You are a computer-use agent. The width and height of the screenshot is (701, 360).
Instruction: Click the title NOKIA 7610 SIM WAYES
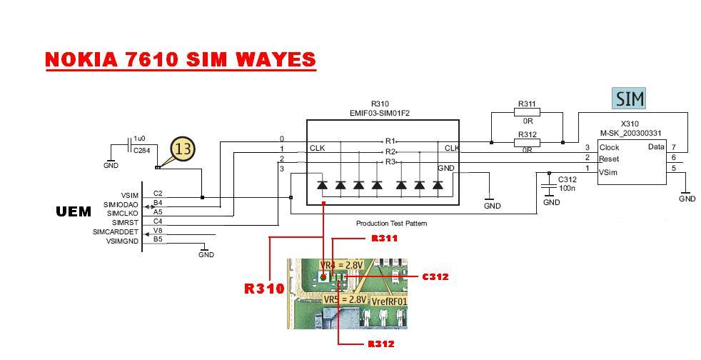click(180, 59)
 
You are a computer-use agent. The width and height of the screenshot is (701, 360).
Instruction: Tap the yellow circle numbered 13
click(183, 149)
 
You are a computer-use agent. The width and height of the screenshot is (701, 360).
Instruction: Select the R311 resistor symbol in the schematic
click(527, 112)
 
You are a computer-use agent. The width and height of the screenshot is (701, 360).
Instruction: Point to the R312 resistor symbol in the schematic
click(527, 142)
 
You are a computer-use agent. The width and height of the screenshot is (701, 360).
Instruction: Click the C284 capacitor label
click(141, 151)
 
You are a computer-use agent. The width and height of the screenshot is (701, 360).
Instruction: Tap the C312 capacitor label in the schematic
click(568, 179)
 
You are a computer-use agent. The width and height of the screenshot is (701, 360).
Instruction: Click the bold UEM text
click(74, 211)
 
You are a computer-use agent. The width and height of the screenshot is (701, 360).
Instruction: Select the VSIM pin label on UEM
click(129, 195)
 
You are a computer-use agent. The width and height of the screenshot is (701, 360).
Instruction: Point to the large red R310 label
click(264, 289)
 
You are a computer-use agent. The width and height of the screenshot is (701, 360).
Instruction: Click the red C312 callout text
click(435, 277)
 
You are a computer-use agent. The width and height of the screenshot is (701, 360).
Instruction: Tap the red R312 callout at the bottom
click(381, 344)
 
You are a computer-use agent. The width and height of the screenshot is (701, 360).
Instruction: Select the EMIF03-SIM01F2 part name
click(380, 113)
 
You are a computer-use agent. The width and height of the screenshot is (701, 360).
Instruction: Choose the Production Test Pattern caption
click(391, 224)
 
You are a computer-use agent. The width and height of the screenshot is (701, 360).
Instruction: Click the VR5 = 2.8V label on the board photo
click(345, 299)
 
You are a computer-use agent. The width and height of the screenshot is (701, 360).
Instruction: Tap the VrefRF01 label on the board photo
click(390, 301)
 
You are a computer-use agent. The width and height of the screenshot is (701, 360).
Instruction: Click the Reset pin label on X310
click(609, 159)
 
